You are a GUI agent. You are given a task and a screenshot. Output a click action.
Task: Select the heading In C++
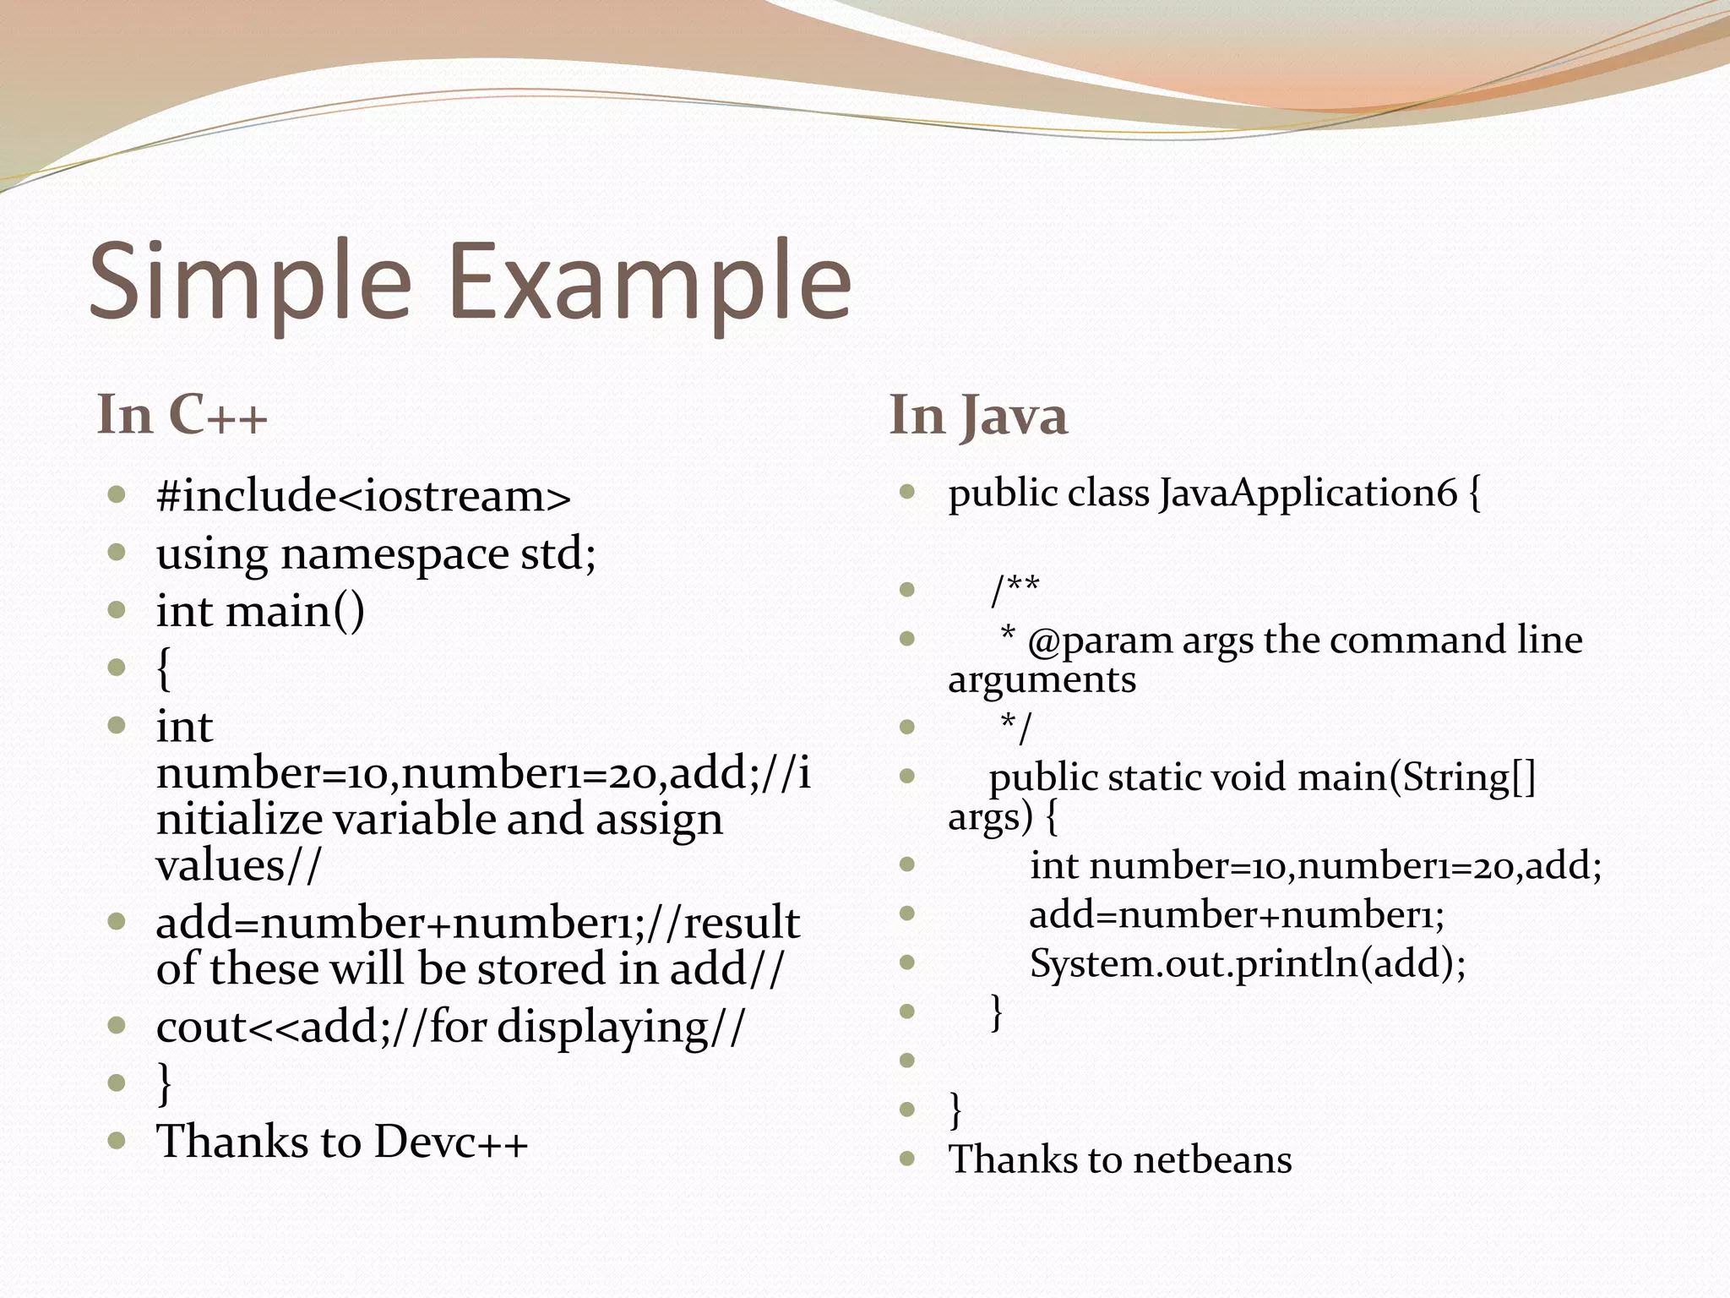pyautogui.click(x=182, y=415)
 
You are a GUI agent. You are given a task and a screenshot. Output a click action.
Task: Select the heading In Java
pyautogui.click(x=978, y=415)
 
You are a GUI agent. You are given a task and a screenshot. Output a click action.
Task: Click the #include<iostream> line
pyautogui.click(x=363, y=496)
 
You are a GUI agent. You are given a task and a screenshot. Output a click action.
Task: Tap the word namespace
pyautogui.click(x=394, y=554)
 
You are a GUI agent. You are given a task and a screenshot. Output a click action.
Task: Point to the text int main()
pyautogui.click(x=260, y=611)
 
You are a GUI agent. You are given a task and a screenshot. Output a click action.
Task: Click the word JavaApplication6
pyautogui.click(x=1308, y=493)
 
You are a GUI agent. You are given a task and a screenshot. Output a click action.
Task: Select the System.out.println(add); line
pyautogui.click(x=1248, y=963)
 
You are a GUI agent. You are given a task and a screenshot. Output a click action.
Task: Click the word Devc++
pyautogui.click(x=451, y=1142)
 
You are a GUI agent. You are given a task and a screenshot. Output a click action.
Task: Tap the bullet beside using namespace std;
pyautogui.click(x=117, y=554)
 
